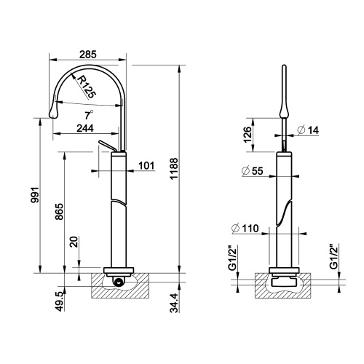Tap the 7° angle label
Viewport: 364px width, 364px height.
[87, 114]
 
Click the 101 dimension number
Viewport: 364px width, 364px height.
[146, 165]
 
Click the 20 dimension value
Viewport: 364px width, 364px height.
[74, 242]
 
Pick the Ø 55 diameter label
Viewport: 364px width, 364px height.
[250, 172]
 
